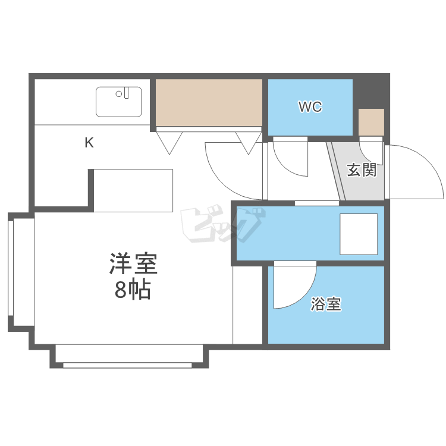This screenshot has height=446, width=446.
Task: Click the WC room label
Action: [x=310, y=107]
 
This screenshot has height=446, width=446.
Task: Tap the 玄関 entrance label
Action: [x=362, y=171]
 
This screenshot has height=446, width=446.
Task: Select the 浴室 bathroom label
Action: [x=326, y=305]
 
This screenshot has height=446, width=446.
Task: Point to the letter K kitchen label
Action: [x=89, y=143]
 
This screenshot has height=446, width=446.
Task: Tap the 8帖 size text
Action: [x=132, y=290]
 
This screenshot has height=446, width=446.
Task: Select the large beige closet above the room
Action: [x=209, y=102]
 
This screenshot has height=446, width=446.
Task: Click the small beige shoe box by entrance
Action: [x=371, y=123]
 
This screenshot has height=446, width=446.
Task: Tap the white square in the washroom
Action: [x=359, y=233]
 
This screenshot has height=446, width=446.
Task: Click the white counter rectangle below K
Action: [x=133, y=190]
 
